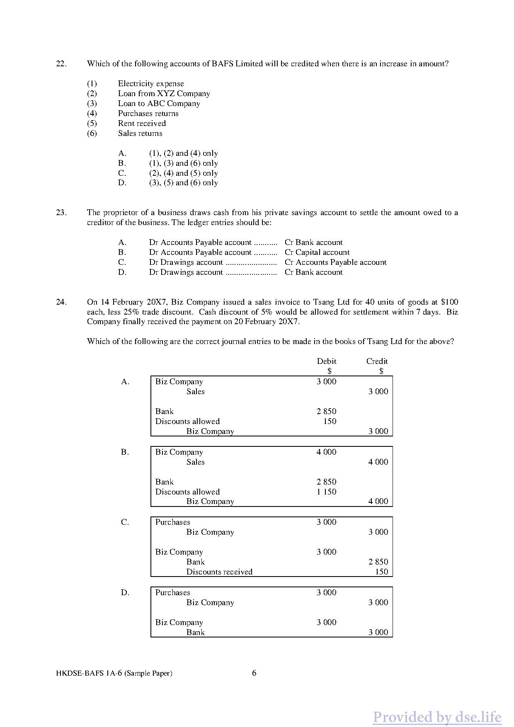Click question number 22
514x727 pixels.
[x=61, y=64]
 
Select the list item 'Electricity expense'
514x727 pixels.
[x=150, y=84]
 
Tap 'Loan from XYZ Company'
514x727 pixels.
[x=164, y=94]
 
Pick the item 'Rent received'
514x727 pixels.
[x=142, y=124]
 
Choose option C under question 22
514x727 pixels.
[x=183, y=173]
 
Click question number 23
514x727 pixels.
[x=61, y=213]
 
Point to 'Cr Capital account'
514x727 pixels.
[x=317, y=252]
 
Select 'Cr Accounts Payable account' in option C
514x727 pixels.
[x=335, y=262]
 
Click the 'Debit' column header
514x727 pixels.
[x=327, y=361]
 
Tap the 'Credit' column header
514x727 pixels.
[x=377, y=361]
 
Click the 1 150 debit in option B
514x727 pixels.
[x=327, y=492]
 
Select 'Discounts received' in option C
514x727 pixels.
[x=219, y=572]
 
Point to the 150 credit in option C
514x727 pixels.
[x=381, y=572]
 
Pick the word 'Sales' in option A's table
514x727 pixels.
[x=195, y=392]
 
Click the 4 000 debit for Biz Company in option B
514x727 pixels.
[x=327, y=452]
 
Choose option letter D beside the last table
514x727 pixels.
[x=125, y=593]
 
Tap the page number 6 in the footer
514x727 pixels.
[x=254, y=673]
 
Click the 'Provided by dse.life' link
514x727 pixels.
[x=437, y=717]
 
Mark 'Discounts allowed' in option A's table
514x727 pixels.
[x=187, y=422]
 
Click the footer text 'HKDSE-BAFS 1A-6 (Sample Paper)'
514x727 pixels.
[x=114, y=673]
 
